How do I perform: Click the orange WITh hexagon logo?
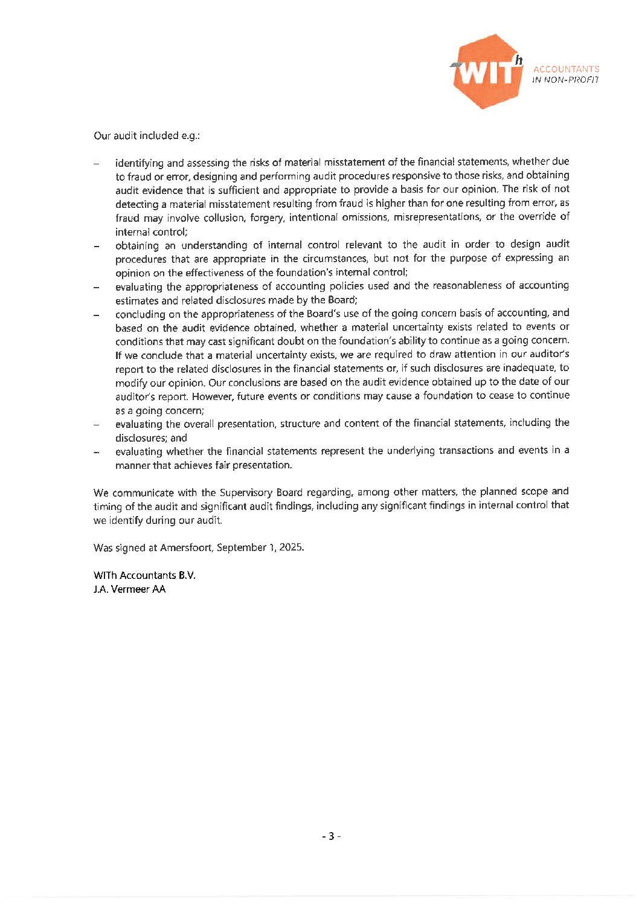tap(487, 71)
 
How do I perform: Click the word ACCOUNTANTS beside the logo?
tap(566, 69)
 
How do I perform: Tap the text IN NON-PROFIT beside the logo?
tap(565, 80)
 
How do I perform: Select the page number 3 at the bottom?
tap(331, 836)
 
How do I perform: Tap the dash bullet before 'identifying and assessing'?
tap(97, 164)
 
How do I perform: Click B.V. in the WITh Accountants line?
tap(187, 575)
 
